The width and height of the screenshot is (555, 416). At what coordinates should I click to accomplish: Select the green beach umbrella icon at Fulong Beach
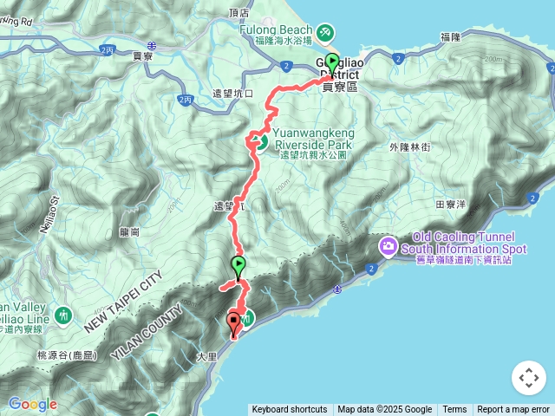324,32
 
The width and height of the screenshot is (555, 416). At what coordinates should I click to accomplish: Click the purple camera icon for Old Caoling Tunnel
388,247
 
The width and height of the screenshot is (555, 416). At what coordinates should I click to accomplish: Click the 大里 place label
206,355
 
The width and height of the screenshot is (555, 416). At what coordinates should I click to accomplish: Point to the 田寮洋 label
451,205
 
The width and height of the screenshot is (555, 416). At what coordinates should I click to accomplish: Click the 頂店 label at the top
238,13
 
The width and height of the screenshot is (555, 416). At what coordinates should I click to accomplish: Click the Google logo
32,404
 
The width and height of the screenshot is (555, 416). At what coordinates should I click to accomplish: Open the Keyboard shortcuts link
290,410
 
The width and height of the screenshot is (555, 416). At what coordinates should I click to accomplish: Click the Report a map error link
513,410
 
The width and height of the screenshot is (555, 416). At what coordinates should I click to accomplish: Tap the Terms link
454,410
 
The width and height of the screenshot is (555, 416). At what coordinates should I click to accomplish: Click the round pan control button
528,378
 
